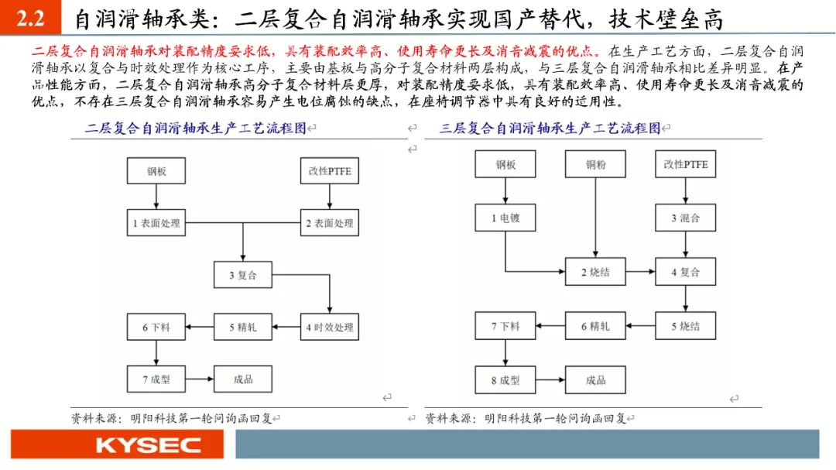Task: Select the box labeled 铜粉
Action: pyautogui.click(x=595, y=164)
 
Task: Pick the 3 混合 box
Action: pyautogui.click(x=685, y=218)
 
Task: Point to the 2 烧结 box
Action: pyautogui.click(x=595, y=272)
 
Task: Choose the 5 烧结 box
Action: pyautogui.click(x=685, y=326)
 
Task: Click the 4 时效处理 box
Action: pyautogui.click(x=329, y=327)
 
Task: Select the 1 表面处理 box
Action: pyautogui.click(x=156, y=224)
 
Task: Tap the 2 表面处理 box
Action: pyautogui.click(x=329, y=224)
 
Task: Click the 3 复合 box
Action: pyautogui.click(x=242, y=274)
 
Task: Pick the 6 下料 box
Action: pyautogui.click(x=156, y=327)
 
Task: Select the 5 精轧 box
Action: pyautogui.click(x=242, y=327)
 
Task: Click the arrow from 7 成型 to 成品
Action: pyautogui.click(x=200, y=379)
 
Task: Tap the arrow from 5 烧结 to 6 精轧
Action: pyautogui.click(x=640, y=326)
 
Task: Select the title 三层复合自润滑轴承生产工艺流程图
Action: pyautogui.click(x=550, y=129)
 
